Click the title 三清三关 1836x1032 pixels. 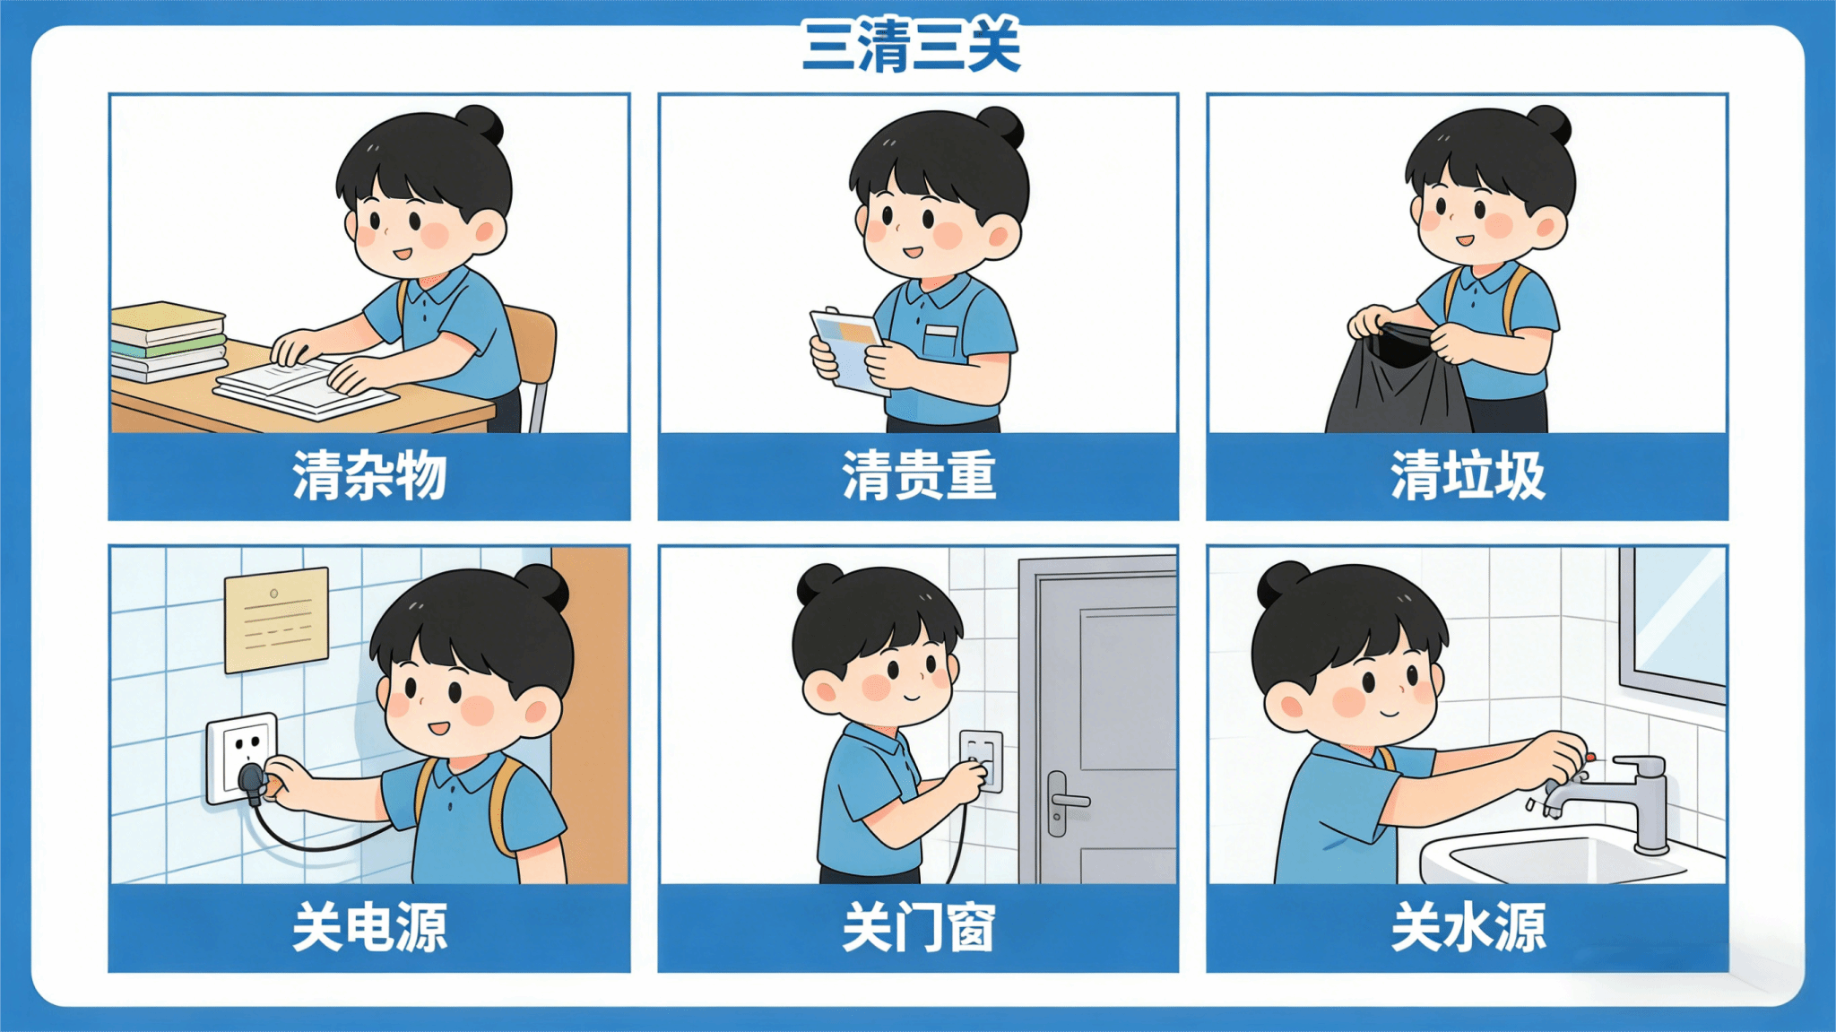(912, 46)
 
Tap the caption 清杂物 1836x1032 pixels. (369, 475)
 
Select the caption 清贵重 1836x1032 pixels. (919, 475)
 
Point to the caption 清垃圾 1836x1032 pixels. (1468, 475)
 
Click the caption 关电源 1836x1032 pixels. (369, 927)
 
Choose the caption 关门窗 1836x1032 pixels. (919, 927)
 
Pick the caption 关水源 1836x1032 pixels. (1468, 927)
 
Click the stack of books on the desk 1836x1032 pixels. (168, 342)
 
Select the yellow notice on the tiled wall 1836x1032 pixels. (276, 619)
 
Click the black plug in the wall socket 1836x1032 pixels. (252, 783)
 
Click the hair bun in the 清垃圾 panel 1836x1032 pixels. (1548, 124)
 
